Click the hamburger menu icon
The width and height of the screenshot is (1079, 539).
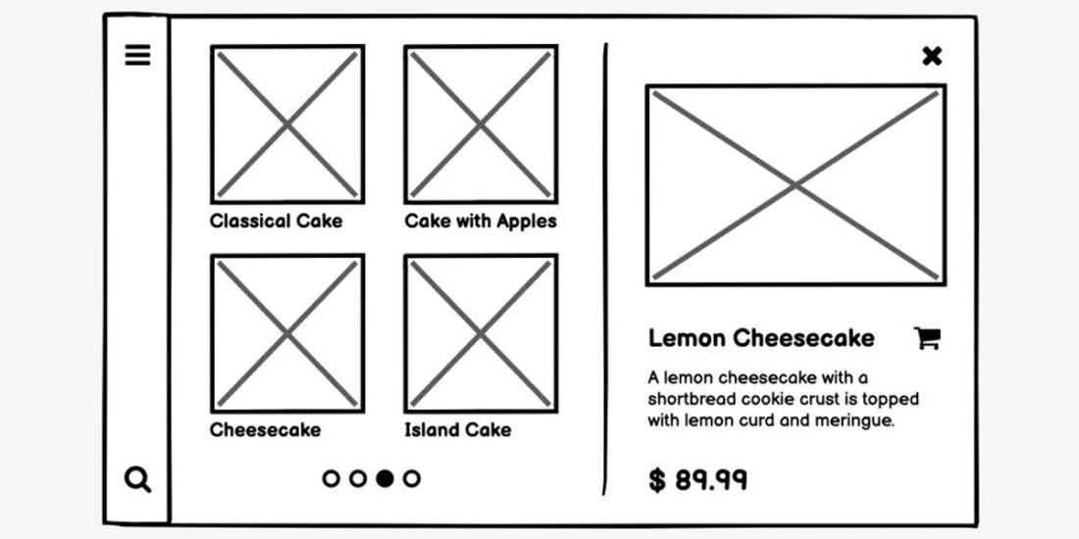(x=138, y=56)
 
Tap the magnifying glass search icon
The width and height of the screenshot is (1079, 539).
(x=138, y=479)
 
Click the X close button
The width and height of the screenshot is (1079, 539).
(x=932, y=56)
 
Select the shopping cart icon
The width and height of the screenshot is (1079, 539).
(x=927, y=338)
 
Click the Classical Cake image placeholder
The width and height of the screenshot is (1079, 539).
(x=287, y=124)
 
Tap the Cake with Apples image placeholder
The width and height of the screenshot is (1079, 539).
(x=481, y=124)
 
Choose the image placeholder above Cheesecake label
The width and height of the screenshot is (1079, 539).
(x=287, y=334)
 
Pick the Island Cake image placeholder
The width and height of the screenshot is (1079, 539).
(x=481, y=334)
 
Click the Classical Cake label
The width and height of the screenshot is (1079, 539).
(x=277, y=220)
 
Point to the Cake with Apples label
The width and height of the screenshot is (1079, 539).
(x=481, y=220)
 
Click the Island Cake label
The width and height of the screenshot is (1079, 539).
(x=458, y=429)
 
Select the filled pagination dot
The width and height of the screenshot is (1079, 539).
(x=385, y=478)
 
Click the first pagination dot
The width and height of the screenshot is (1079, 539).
(x=332, y=478)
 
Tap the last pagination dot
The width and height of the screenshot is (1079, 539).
(x=412, y=478)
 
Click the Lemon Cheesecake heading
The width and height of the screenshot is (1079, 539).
(x=761, y=338)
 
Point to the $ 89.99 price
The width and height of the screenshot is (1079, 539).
(x=698, y=480)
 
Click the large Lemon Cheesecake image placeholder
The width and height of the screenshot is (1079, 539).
(x=796, y=185)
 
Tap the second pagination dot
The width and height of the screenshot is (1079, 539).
(x=358, y=478)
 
